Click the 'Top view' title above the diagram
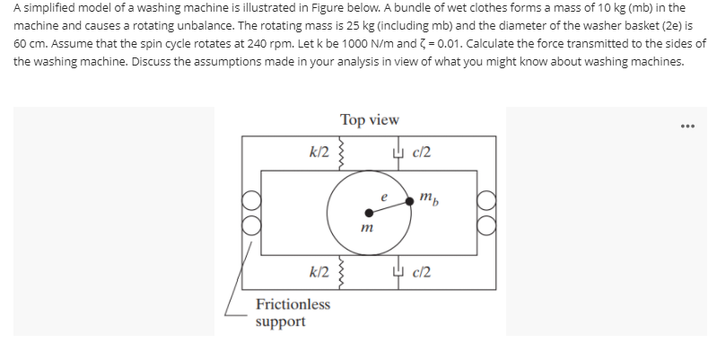[369, 119]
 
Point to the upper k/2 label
[318, 152]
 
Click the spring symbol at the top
[340, 152]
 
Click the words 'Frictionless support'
[293, 312]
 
